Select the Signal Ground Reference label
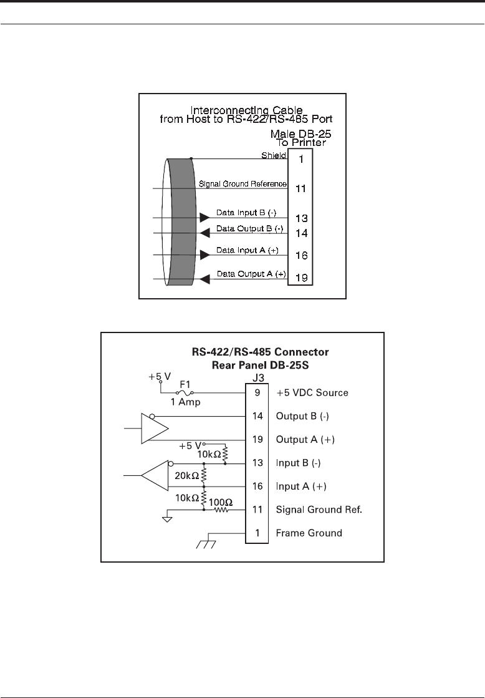pyautogui.click(x=242, y=184)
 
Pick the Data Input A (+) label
pyautogui.click(x=247, y=250)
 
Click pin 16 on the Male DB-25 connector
pyautogui.click(x=300, y=256)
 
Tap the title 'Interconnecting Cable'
pyautogui.click(x=243, y=110)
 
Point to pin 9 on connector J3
pyautogui.click(x=256, y=393)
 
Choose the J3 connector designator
pyautogui.click(x=256, y=376)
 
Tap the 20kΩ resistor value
pyautogui.click(x=186, y=476)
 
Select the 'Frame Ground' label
pyautogui.click(x=309, y=533)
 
